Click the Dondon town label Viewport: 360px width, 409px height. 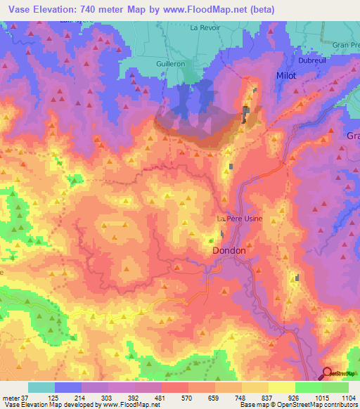click(229, 250)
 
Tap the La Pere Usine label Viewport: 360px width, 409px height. click(239, 219)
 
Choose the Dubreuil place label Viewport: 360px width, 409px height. click(296, 60)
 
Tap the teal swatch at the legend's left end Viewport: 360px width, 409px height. click(41, 387)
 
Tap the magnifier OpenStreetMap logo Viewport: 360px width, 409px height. click(328, 374)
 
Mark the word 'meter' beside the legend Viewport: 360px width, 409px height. click(12, 397)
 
